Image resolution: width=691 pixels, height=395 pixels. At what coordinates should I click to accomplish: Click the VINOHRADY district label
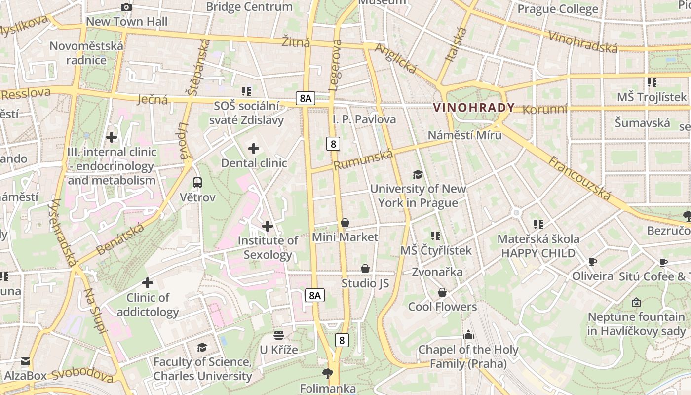473,107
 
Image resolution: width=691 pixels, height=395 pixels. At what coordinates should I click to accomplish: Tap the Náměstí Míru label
464,135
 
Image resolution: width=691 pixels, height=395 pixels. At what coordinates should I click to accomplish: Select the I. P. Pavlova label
364,119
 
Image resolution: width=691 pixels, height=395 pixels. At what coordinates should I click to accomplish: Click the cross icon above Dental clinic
254,148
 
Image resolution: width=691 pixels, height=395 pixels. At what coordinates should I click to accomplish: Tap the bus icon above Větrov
197,183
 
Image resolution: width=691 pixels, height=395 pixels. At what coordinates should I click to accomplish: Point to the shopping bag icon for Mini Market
345,223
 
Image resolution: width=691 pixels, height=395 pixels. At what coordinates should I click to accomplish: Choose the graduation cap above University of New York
418,174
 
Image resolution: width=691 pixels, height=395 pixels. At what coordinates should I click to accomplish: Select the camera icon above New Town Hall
126,7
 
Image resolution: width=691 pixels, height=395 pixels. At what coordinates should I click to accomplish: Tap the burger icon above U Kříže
279,335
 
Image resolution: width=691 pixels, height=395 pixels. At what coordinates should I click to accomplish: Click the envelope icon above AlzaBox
25,361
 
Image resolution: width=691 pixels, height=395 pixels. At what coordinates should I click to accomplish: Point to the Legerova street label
334,65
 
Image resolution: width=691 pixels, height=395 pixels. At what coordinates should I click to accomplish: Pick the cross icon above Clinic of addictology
147,283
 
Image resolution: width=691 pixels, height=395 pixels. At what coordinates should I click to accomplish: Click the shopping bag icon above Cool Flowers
442,292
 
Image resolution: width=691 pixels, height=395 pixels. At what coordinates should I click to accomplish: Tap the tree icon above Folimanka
327,373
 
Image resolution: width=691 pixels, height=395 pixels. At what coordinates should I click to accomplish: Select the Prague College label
558,9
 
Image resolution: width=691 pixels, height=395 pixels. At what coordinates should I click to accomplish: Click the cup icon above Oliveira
592,262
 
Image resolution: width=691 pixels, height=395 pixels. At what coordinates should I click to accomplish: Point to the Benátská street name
120,239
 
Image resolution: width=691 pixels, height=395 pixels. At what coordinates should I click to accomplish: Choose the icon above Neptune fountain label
636,302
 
